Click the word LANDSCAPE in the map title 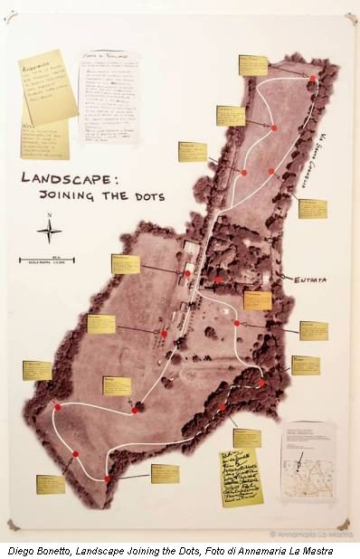tap(62, 178)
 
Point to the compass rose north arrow tap(49, 230)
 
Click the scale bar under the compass tap(47, 261)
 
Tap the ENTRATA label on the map tap(310, 280)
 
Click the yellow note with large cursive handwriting tap(241, 476)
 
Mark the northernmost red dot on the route tap(312, 79)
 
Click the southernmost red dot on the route tap(107, 478)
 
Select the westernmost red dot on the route tap(57, 407)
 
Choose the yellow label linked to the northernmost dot tap(253, 65)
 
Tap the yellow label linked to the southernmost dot tap(164, 473)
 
